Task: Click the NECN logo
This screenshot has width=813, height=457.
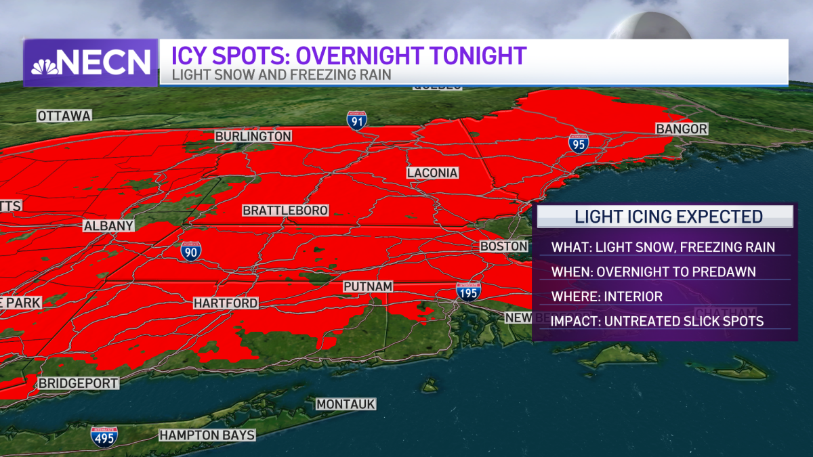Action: pyautogui.click(x=91, y=62)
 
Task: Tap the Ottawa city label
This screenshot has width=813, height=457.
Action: pyautogui.click(x=64, y=116)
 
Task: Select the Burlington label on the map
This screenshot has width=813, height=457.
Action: pyautogui.click(x=253, y=136)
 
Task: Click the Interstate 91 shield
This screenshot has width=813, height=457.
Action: pyautogui.click(x=356, y=121)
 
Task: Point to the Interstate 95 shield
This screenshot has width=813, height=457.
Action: pyautogui.click(x=578, y=143)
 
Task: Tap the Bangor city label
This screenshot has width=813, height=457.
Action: pyautogui.click(x=681, y=129)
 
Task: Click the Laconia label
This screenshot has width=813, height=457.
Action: pyautogui.click(x=432, y=173)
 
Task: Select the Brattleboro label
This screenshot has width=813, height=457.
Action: pyautogui.click(x=285, y=211)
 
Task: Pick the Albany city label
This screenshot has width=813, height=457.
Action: pyautogui.click(x=108, y=225)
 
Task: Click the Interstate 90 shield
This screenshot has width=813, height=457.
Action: pyautogui.click(x=190, y=251)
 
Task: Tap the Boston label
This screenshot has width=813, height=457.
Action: pyautogui.click(x=503, y=246)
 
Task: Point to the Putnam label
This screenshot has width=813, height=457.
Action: pyautogui.click(x=368, y=286)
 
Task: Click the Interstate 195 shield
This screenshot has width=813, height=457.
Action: pyautogui.click(x=468, y=291)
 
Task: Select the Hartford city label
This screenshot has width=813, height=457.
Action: pyautogui.click(x=226, y=303)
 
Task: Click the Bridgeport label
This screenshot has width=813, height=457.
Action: pyautogui.click(x=78, y=383)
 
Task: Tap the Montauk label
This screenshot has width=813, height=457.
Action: pyautogui.click(x=346, y=404)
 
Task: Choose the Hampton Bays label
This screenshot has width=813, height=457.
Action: pyautogui.click(x=207, y=435)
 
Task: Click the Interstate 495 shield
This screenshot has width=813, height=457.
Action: pyautogui.click(x=104, y=437)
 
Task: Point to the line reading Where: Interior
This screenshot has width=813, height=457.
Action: pyautogui.click(x=606, y=297)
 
